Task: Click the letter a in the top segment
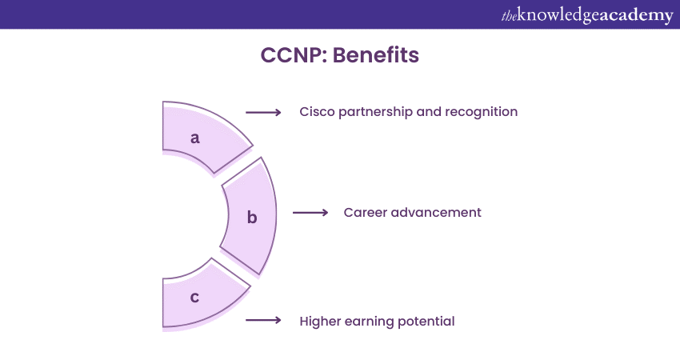point(194,138)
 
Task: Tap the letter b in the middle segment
point(251,217)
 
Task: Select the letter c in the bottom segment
point(194,297)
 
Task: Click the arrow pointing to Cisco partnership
point(263,113)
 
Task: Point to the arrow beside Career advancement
point(310,213)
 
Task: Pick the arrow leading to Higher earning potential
point(263,321)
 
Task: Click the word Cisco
point(316,112)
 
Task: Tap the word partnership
point(374,112)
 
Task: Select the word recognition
point(481,112)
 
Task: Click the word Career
point(365,213)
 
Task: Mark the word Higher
point(320,322)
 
